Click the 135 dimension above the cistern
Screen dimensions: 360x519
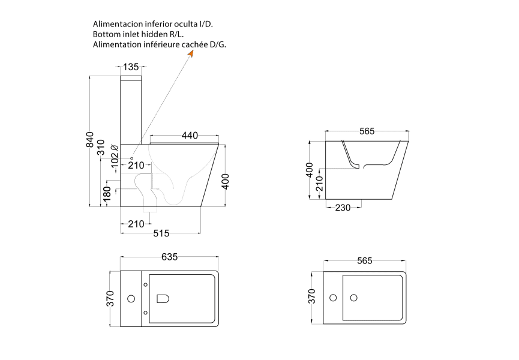pos(131,67)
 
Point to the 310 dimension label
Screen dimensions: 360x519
pos(101,147)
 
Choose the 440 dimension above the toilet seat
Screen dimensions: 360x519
pos(190,136)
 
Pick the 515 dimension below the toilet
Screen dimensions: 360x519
pos(161,233)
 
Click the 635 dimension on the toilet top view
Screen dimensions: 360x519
pos(170,257)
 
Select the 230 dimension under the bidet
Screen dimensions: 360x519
pos(343,208)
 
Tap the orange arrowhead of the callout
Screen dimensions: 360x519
pos(190,53)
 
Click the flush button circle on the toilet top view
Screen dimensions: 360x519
pos(131,298)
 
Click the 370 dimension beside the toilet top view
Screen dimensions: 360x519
pos(110,298)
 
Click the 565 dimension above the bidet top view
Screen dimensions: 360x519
pos(365,261)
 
